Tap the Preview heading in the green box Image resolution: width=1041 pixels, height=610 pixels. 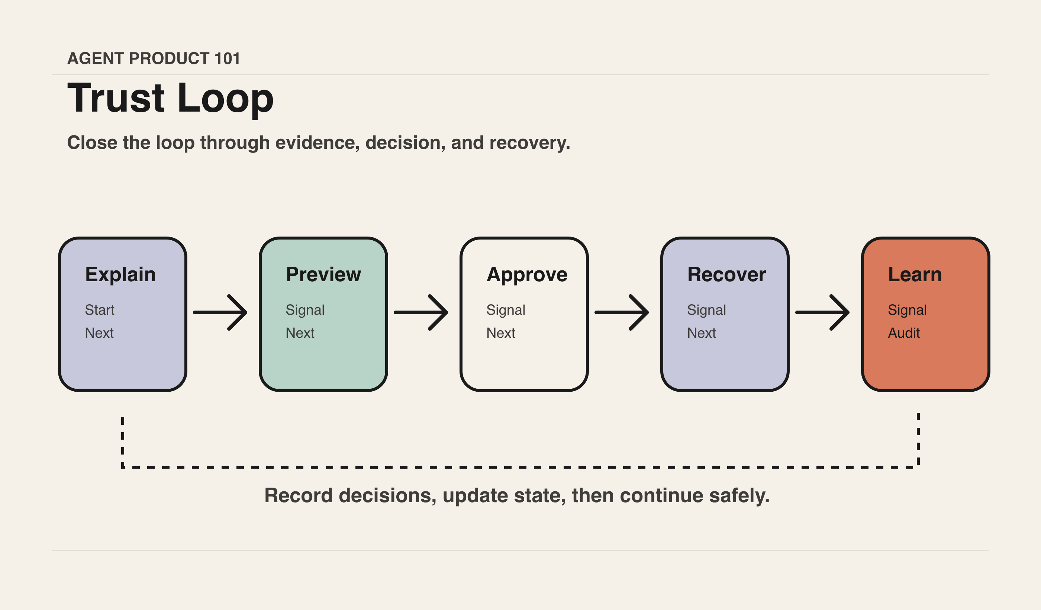323,274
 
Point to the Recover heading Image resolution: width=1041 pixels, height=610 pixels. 726,274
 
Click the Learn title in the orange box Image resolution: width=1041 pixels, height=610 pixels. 915,274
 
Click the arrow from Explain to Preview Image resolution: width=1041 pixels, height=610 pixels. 220,312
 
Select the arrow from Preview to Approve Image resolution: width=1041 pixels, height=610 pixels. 421,312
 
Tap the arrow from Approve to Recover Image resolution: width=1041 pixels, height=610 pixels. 622,312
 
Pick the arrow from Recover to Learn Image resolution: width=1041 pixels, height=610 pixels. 822,312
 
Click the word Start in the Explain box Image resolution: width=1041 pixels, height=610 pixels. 100,310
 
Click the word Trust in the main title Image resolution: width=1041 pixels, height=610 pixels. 116,98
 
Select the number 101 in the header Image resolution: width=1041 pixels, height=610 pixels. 227,58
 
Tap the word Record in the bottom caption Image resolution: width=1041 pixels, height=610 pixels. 299,495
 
